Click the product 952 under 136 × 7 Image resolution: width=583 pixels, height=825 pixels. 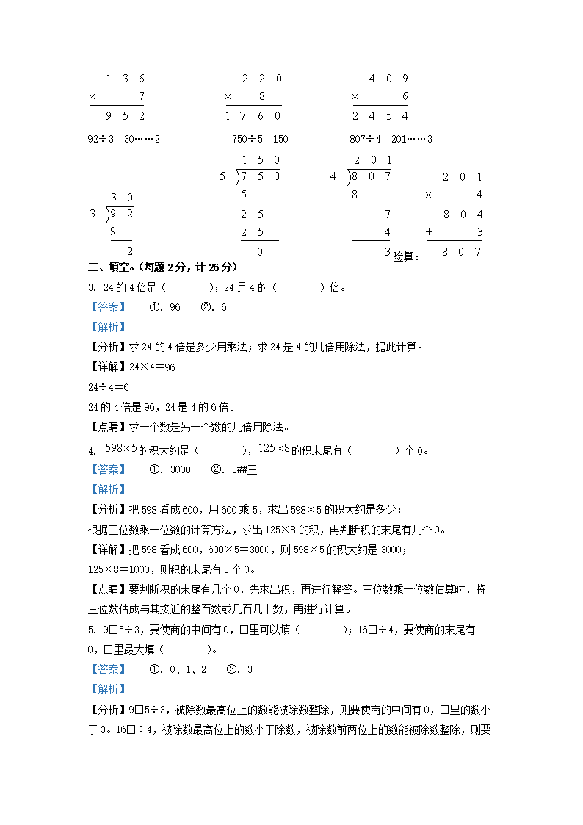click(x=124, y=115)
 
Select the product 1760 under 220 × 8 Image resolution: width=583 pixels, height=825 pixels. click(x=253, y=115)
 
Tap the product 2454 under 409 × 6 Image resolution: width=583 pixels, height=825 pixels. click(x=380, y=115)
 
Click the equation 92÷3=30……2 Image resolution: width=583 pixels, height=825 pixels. click(x=123, y=138)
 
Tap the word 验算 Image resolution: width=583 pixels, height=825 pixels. click(x=405, y=256)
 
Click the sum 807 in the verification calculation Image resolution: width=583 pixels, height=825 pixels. click(x=463, y=251)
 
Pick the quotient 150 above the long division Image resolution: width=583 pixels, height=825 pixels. click(x=261, y=160)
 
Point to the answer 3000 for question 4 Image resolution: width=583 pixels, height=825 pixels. click(x=180, y=469)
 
